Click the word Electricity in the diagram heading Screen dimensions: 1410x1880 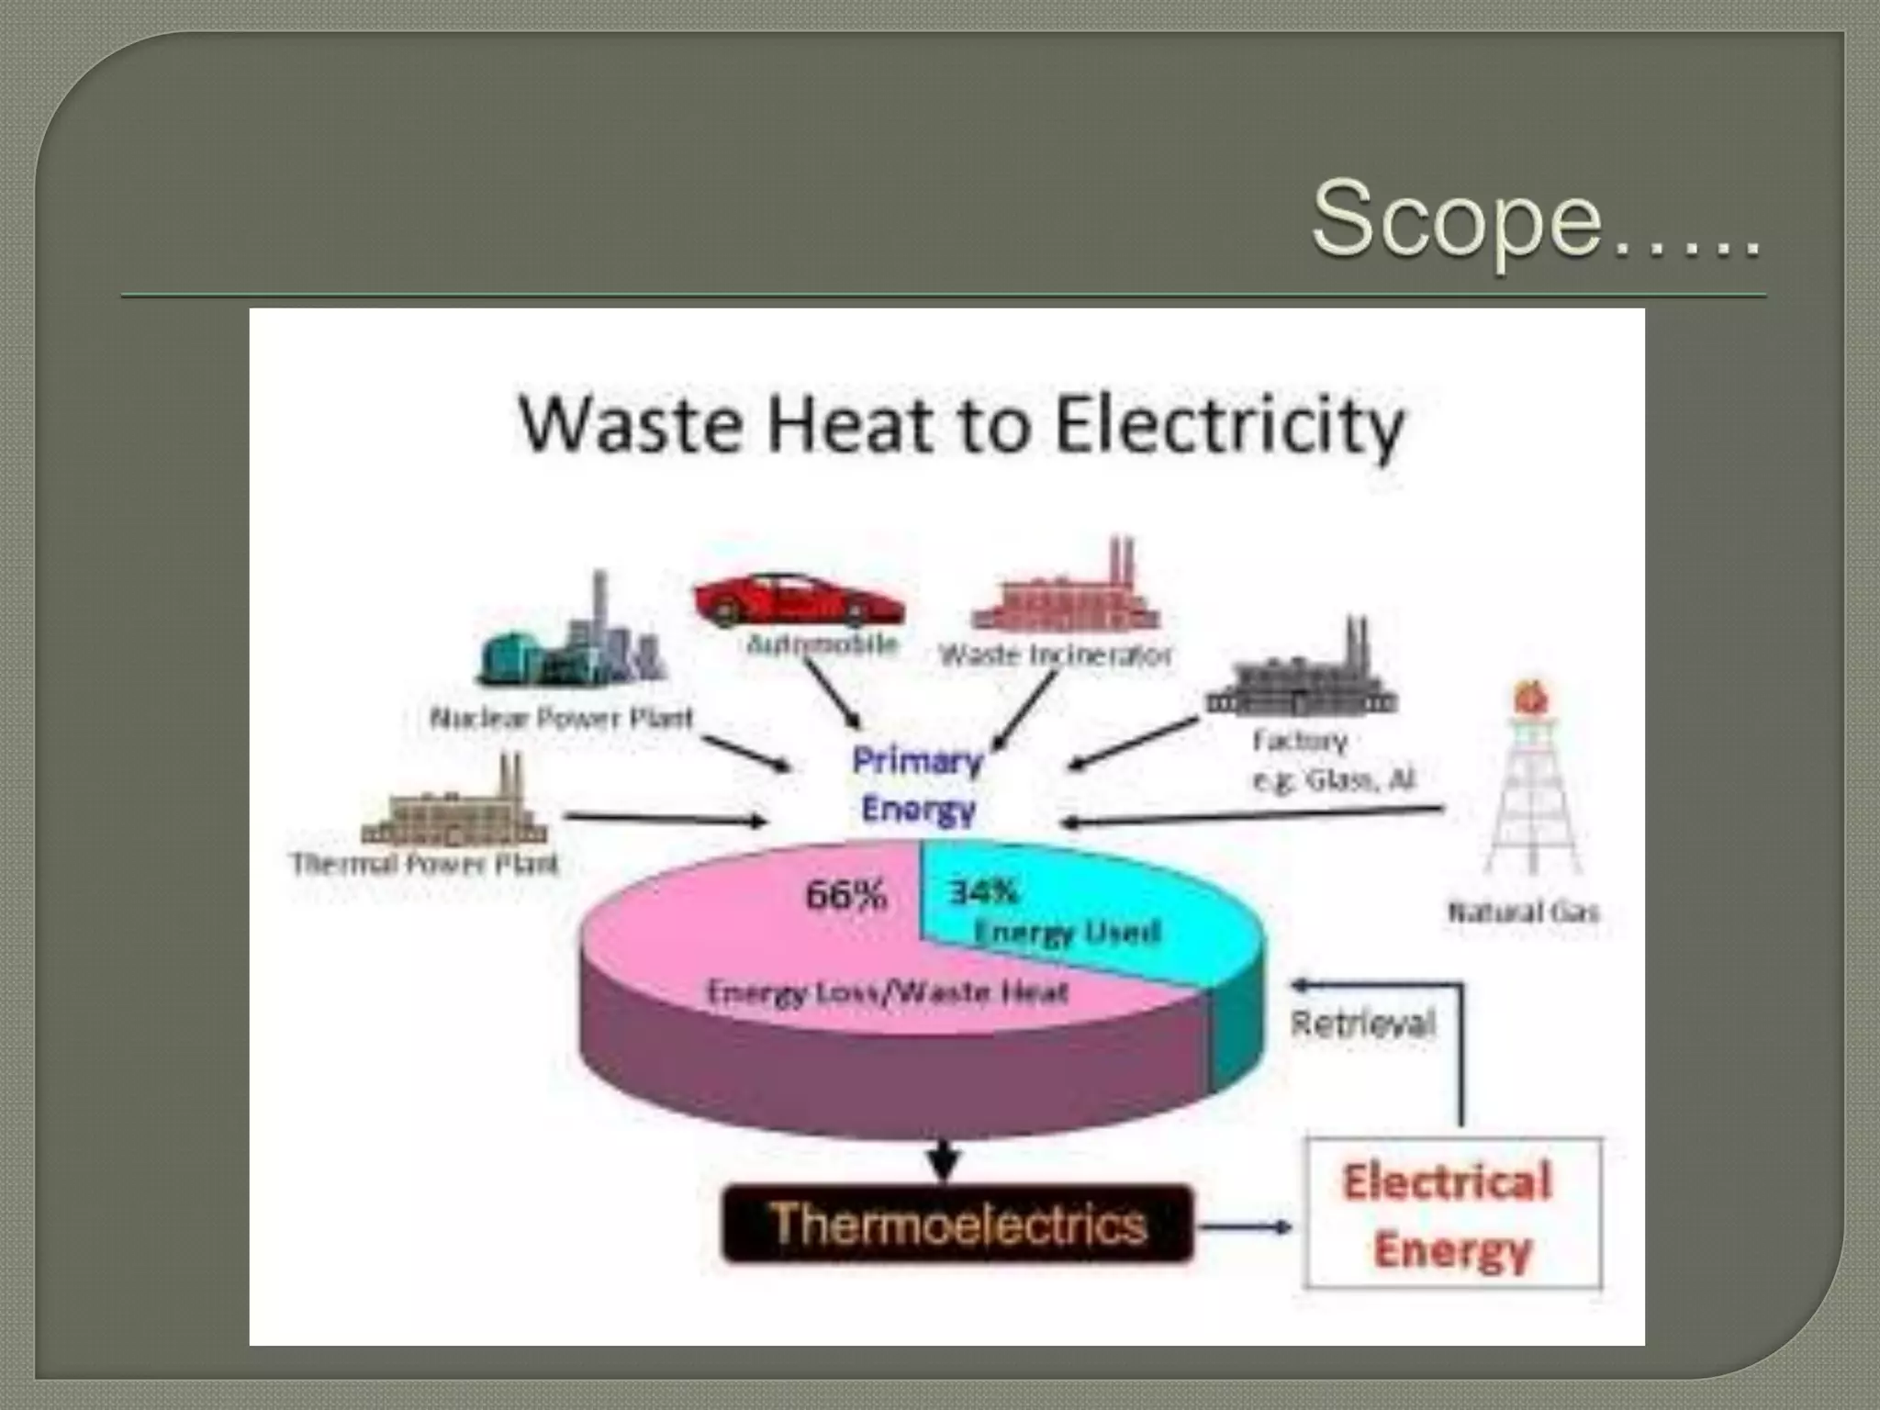coord(1230,426)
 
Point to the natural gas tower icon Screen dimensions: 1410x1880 coord(1531,780)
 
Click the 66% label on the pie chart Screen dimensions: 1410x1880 coord(845,896)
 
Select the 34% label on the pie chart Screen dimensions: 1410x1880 coord(983,891)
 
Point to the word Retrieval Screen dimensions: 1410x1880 coord(1362,1024)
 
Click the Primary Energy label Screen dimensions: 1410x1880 coord(918,786)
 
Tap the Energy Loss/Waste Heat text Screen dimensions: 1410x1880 coord(887,992)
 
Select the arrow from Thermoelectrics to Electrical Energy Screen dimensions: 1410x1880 coord(1247,1226)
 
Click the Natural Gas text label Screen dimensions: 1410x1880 coord(1523,912)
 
